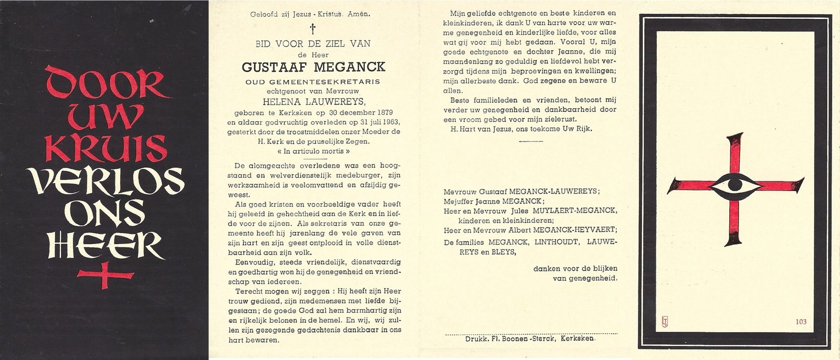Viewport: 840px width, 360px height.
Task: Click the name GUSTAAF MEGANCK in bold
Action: (313, 67)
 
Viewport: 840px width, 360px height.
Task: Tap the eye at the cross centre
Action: (734, 186)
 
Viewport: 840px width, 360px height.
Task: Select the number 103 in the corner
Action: (801, 322)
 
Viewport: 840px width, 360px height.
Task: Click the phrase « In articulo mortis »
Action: (314, 151)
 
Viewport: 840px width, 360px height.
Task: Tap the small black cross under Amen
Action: (313, 28)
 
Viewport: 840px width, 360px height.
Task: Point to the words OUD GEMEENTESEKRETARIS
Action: (313, 82)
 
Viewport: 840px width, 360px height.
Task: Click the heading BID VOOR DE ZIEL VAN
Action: (313, 45)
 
